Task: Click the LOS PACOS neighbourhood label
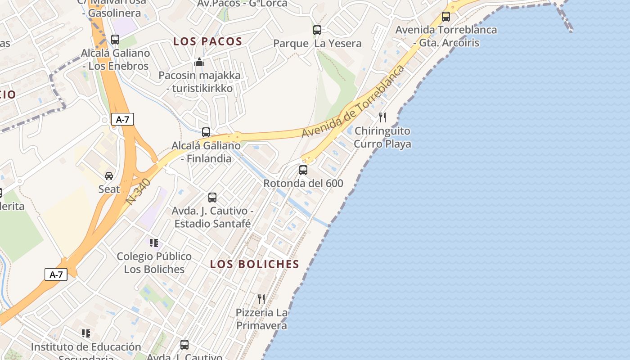click(x=208, y=41)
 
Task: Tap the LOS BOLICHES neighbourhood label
click(x=255, y=264)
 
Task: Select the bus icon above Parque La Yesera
click(x=317, y=30)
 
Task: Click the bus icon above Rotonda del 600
click(x=303, y=170)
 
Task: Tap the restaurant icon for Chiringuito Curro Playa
click(x=382, y=117)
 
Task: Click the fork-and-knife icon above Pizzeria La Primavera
click(x=261, y=299)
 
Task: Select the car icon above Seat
click(x=109, y=175)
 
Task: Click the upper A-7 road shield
click(x=122, y=119)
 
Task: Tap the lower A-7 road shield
click(x=56, y=274)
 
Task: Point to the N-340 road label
click(x=139, y=192)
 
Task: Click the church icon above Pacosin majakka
click(x=199, y=62)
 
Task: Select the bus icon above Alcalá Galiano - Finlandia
click(x=206, y=132)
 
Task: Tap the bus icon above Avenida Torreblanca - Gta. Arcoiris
click(x=446, y=17)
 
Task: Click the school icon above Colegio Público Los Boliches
click(x=154, y=243)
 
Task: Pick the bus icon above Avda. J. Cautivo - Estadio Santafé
click(x=212, y=197)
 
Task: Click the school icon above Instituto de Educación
click(x=86, y=333)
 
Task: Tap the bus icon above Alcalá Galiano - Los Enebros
click(x=115, y=40)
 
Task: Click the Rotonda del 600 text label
click(x=303, y=184)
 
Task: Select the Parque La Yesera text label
click(x=317, y=44)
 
